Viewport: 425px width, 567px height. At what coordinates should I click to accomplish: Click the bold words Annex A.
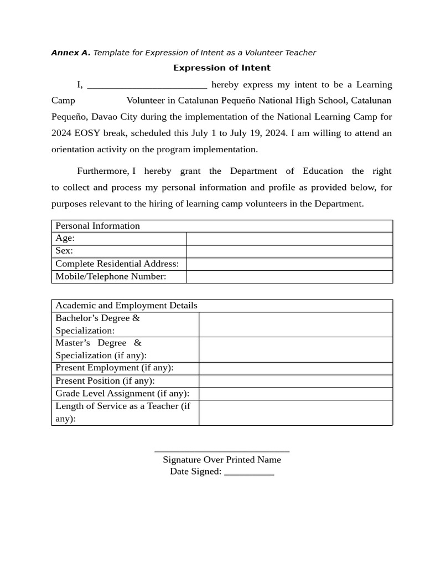coord(71,53)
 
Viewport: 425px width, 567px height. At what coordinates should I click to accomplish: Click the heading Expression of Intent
coord(222,68)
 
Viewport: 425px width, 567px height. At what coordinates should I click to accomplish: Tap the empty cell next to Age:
coord(289,239)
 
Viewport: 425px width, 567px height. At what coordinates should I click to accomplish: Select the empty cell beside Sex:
coord(289,251)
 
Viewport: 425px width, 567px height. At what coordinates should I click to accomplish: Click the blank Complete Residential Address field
coord(289,264)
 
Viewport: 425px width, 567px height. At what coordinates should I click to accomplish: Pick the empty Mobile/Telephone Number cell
coord(289,277)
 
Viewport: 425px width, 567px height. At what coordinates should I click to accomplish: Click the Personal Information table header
coord(98,226)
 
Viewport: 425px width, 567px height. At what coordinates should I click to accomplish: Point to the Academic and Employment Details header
coord(126,306)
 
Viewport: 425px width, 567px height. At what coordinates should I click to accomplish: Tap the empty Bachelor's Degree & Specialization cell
coord(296,324)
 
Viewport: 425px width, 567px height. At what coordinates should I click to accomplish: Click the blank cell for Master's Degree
coord(296,349)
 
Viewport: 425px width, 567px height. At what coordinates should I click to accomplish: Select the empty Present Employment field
coord(296,368)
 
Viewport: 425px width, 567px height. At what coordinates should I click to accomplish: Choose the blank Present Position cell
coord(296,381)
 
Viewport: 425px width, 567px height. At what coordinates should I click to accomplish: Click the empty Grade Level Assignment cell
coord(296,394)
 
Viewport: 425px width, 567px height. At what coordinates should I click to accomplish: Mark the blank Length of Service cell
coord(296,413)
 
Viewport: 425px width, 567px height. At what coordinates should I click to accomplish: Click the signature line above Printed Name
coord(222,451)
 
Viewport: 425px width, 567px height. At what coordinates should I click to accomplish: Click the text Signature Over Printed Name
coord(222,460)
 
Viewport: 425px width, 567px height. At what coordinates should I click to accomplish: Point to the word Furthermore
coord(102,171)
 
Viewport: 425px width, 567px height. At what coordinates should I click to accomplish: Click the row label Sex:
coord(64,251)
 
